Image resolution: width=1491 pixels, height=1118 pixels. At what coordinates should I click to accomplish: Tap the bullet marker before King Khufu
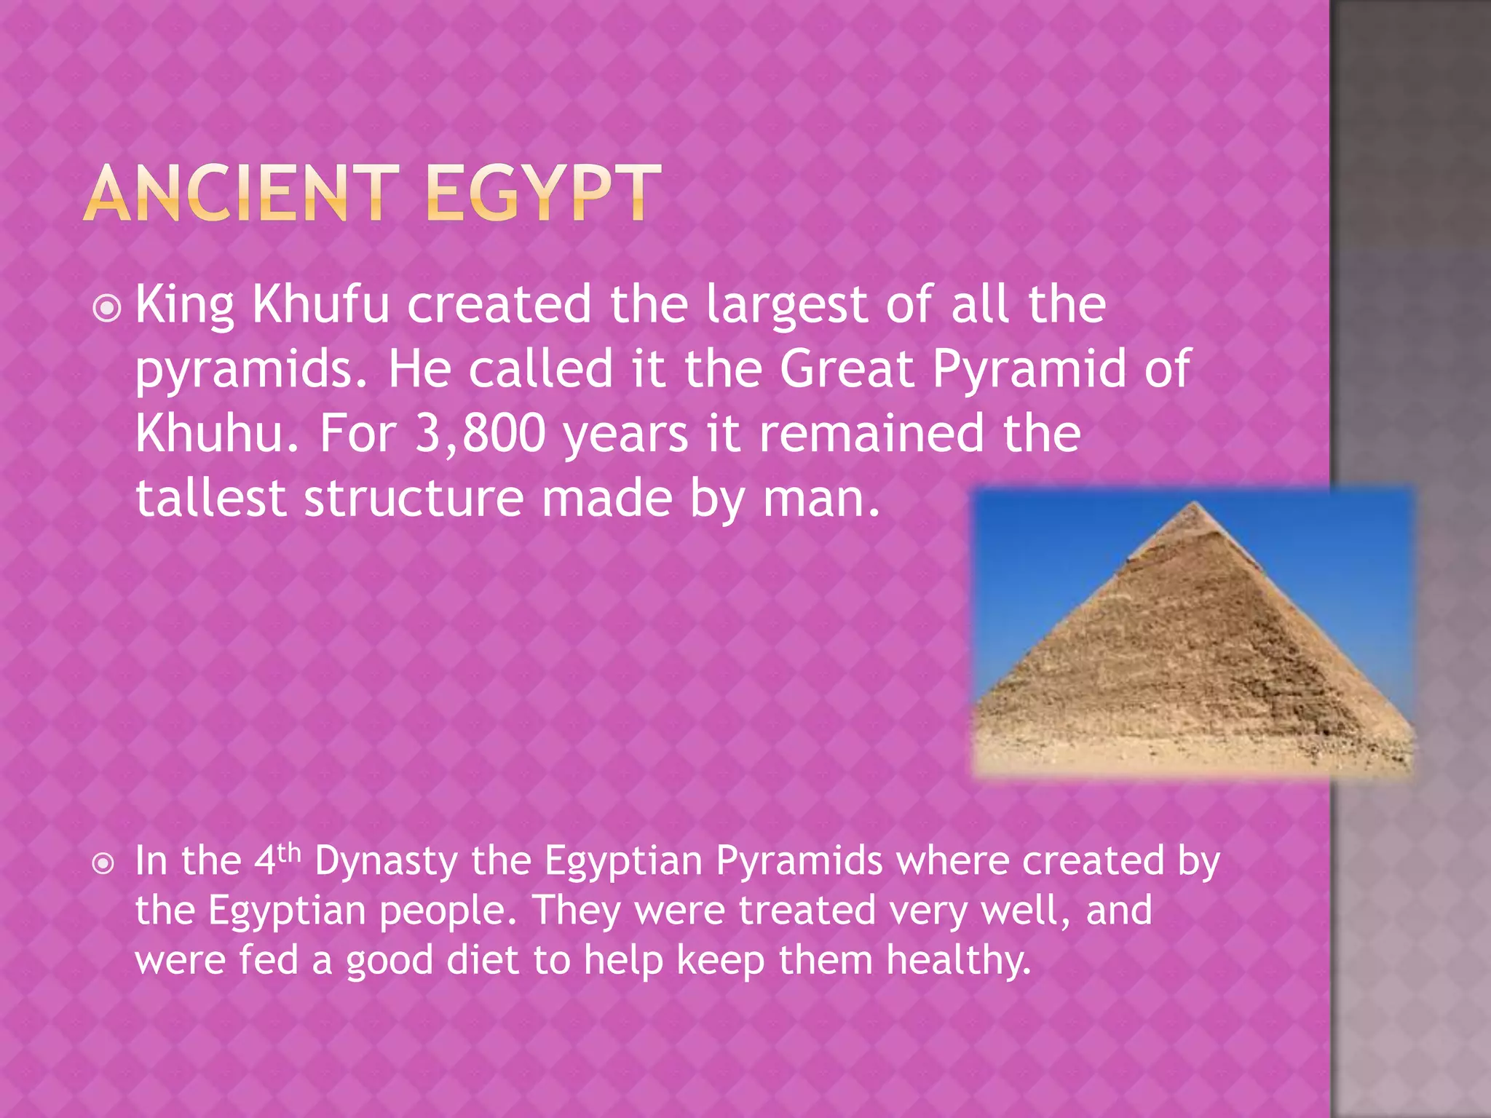coord(108,309)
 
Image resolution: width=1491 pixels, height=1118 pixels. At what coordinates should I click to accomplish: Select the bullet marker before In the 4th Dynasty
coord(105,864)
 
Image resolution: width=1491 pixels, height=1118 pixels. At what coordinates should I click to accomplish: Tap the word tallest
coord(210,499)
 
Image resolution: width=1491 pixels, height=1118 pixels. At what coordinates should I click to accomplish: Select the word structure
coord(414,499)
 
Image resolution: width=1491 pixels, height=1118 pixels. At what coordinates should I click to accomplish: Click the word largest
coord(786,306)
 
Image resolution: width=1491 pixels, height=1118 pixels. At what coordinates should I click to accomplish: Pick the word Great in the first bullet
coord(847,369)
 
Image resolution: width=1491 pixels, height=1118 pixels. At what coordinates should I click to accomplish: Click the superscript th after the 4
coord(289,852)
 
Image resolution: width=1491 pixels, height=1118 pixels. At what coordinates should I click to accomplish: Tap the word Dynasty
coord(386,863)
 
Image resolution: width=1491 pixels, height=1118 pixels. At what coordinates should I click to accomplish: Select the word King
coord(185,306)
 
